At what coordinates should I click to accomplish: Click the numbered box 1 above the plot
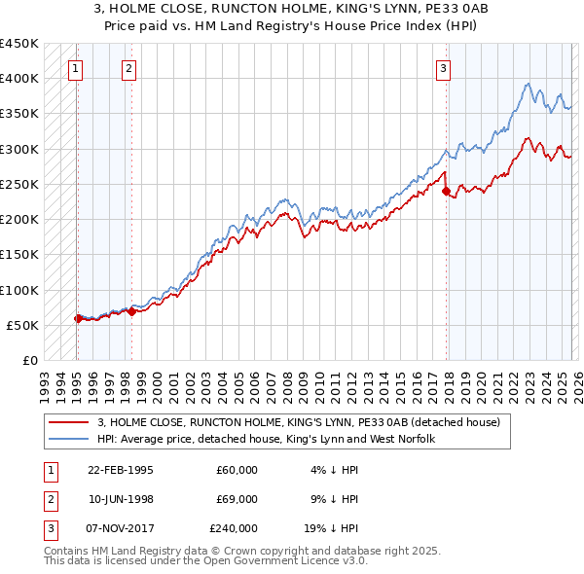(76, 68)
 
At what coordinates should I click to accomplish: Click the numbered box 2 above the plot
(129, 68)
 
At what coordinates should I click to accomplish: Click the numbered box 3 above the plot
(443, 68)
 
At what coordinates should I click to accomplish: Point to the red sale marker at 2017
(446, 192)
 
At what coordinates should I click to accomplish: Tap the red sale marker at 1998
(131, 311)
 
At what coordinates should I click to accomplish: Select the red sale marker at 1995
(78, 318)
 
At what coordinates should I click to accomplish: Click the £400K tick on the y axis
(19, 78)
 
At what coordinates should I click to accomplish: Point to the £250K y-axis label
(19, 184)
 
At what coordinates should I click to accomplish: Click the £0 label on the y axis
(29, 360)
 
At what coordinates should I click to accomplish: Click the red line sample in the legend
(69, 422)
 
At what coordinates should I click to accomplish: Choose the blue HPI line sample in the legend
(69, 439)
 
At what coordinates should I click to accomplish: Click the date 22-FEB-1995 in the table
(120, 470)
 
